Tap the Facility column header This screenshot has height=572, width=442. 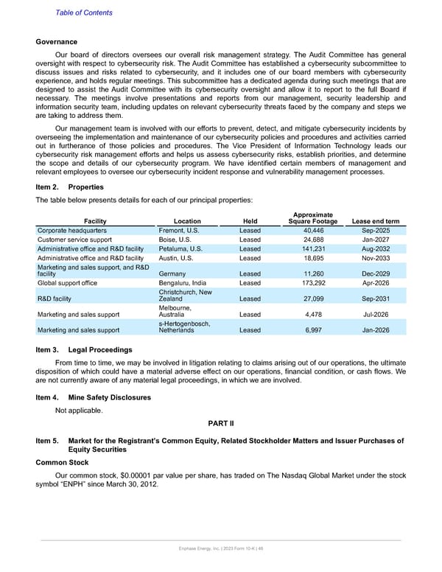click(96, 221)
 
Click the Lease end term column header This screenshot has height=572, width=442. click(376, 221)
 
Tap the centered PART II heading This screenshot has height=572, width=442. click(220, 424)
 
